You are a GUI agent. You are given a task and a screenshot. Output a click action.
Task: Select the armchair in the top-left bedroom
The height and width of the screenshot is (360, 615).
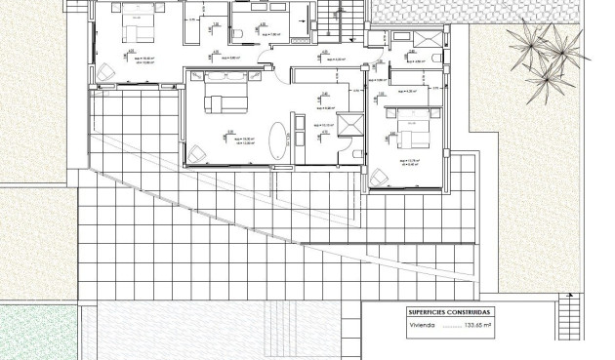pyautogui.click(x=105, y=73)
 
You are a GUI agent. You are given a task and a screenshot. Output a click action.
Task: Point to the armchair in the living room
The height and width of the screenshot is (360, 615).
pyautogui.click(x=198, y=153)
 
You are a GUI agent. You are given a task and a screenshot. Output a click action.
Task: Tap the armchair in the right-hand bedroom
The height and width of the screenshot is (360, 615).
pyautogui.click(x=379, y=178)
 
